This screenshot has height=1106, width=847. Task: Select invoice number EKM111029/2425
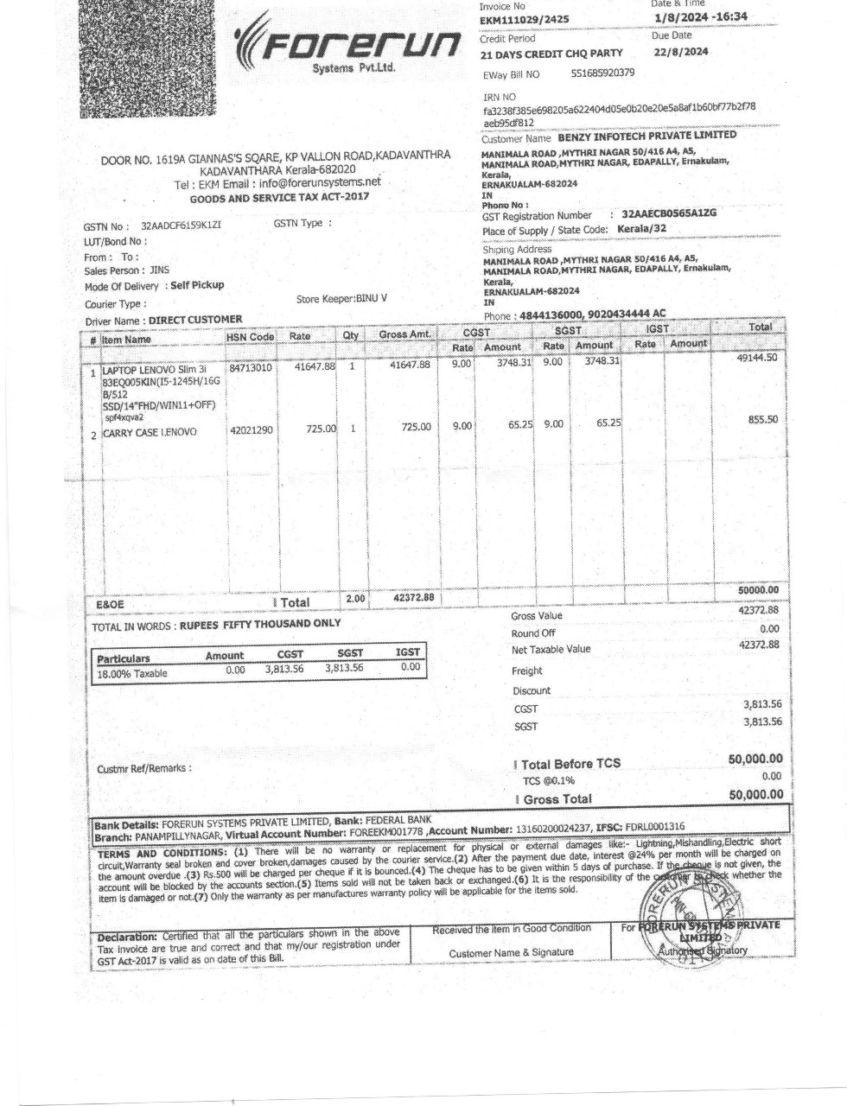pos(525,20)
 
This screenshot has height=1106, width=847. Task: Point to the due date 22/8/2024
pos(681,52)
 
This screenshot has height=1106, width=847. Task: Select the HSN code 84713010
pos(251,367)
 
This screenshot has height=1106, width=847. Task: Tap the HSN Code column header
pos(250,336)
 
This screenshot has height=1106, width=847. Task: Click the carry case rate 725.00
pos(321,428)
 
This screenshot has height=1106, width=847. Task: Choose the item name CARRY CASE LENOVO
pos(150,431)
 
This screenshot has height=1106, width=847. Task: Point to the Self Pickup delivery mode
pos(197,285)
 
